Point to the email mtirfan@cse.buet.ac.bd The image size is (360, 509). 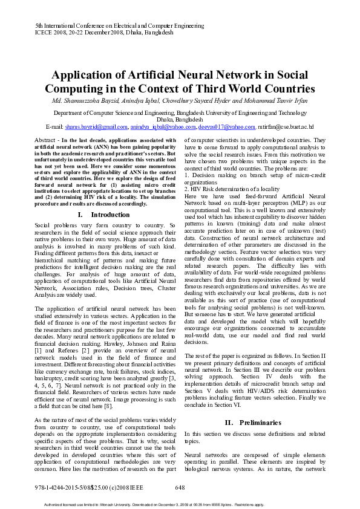click(286, 127)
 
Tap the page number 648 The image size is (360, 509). click(180, 487)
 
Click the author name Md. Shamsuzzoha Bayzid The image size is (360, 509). click(88, 100)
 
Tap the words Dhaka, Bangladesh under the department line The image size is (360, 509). click(180, 120)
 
